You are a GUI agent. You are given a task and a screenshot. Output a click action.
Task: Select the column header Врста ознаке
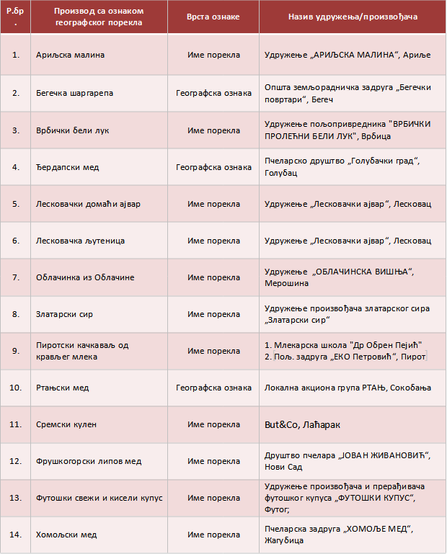pyautogui.click(x=213, y=16)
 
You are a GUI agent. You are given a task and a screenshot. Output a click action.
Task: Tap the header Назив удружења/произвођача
pyautogui.click(x=353, y=16)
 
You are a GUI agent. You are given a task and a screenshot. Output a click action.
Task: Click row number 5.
pyautogui.click(x=17, y=204)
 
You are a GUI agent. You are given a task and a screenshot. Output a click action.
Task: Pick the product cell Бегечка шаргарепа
pyautogui.click(x=74, y=93)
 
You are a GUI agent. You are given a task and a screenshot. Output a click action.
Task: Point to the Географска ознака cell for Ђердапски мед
pyautogui.click(x=213, y=167)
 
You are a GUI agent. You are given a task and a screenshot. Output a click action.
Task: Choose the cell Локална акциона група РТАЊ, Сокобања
pyautogui.click(x=348, y=388)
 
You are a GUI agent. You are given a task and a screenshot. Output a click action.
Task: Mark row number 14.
pyautogui.click(x=17, y=535)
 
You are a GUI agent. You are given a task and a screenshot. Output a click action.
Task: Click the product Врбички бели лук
pyautogui.click(x=72, y=130)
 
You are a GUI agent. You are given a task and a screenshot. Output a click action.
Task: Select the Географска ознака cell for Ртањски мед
pyautogui.click(x=213, y=388)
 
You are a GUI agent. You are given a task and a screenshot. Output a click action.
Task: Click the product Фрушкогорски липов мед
pyautogui.click(x=89, y=461)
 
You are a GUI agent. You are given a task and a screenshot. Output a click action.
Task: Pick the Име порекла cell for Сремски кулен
pyautogui.click(x=213, y=424)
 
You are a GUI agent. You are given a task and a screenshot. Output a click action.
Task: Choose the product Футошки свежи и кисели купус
pyautogui.click(x=99, y=498)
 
